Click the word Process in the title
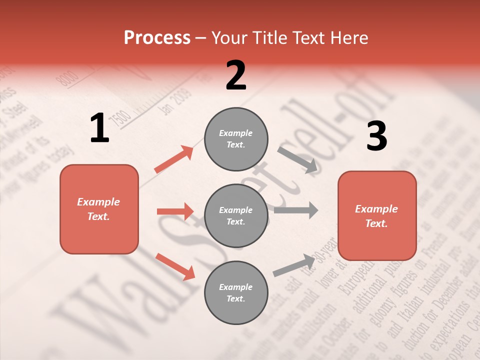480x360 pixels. [157, 38]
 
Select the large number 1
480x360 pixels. [99, 128]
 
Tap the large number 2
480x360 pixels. [236, 75]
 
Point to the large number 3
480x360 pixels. [376, 136]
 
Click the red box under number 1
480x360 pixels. [99, 209]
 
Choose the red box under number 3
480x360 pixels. [377, 215]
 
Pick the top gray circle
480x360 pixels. [236, 139]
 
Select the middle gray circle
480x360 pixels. [236, 215]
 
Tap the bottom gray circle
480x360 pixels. [236, 292]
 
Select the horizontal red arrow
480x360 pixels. [175, 211]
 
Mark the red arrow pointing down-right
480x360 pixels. [175, 266]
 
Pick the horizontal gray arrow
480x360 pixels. [296, 210]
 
